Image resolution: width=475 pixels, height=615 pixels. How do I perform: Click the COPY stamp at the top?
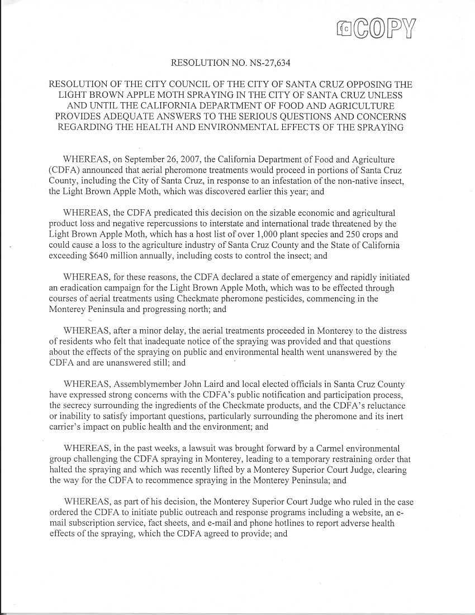coord(378,26)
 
